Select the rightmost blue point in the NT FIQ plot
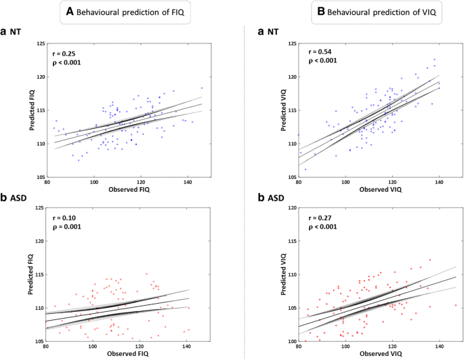point(201,88)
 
